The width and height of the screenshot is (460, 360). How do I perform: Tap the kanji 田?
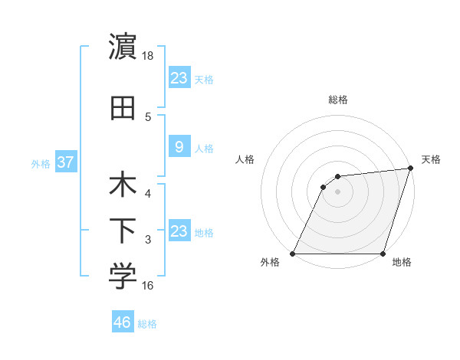[123, 108]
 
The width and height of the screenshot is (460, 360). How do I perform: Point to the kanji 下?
[123, 232]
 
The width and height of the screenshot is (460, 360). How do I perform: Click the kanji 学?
[123, 277]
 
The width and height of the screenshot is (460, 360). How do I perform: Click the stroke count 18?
[148, 55]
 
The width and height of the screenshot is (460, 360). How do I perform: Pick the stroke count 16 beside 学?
[148, 286]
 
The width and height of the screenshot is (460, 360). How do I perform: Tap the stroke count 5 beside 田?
[148, 117]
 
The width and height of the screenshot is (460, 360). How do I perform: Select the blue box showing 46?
[123, 322]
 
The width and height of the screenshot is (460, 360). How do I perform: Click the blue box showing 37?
[65, 162]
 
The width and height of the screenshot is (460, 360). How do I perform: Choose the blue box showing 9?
[179, 147]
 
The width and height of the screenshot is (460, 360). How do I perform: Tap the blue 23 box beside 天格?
[179, 77]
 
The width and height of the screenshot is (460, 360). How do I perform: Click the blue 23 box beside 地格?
[179, 231]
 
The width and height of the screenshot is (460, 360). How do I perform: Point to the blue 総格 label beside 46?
[147, 324]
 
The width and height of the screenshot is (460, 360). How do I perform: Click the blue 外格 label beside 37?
[41, 163]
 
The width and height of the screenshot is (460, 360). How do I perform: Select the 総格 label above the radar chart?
[337, 100]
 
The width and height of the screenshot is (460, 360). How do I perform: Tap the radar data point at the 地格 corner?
[383, 254]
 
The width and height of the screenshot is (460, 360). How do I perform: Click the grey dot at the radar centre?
[337, 191]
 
